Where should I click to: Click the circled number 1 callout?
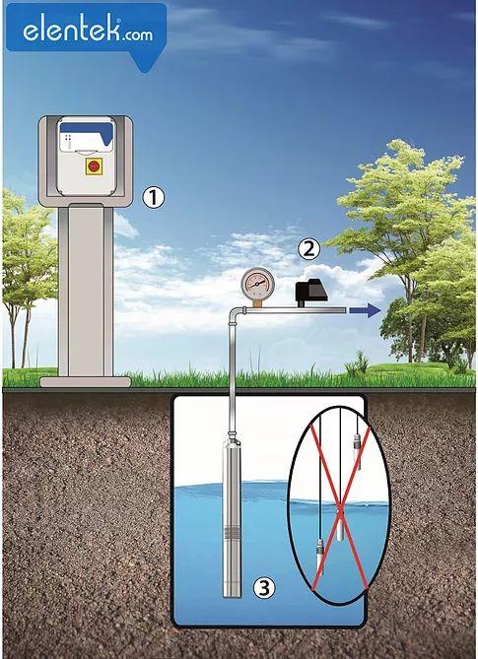153,198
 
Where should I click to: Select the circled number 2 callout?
309,249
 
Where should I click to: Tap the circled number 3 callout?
264,588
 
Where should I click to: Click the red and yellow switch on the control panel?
92,166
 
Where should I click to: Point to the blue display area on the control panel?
87,133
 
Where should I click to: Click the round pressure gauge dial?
257,284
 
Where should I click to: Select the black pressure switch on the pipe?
311,292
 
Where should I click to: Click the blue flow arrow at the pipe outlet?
365,310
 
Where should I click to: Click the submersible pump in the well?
232,517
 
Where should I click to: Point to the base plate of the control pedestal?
86,381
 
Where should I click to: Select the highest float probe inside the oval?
357,451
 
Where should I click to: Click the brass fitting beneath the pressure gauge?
257,303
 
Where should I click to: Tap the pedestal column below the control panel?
86,290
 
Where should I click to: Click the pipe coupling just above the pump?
232,434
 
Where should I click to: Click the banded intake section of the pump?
232,533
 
